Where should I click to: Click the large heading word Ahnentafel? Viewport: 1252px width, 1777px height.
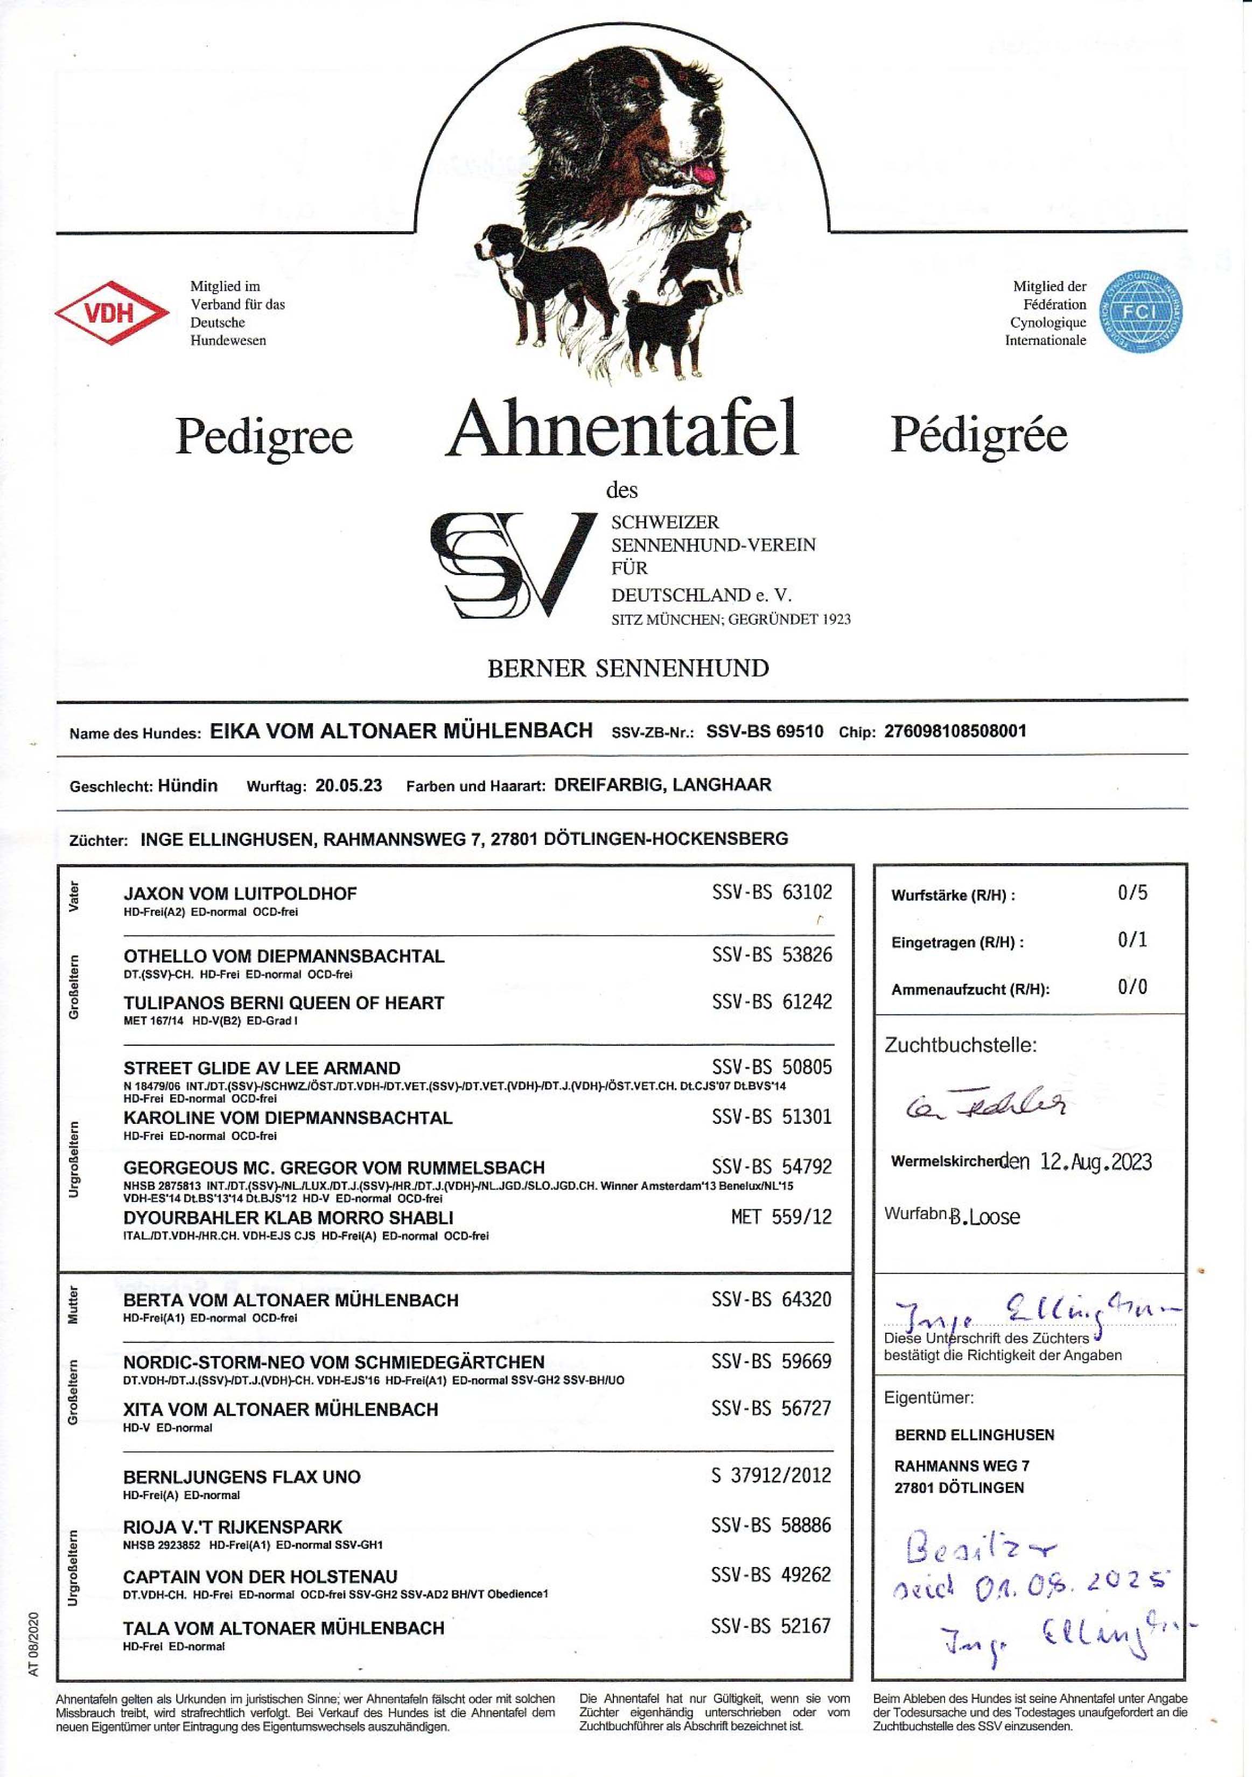point(622,430)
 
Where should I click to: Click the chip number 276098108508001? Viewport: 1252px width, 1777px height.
point(955,731)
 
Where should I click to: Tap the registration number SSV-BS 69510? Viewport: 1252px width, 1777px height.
point(765,731)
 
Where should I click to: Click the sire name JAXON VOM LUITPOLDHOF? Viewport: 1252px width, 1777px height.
point(240,893)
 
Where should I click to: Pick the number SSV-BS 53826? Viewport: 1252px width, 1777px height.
point(772,954)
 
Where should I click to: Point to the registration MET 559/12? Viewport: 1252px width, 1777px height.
point(781,1216)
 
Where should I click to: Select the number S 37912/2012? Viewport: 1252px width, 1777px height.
point(771,1474)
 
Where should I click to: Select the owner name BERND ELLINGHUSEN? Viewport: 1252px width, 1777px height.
point(974,1434)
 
